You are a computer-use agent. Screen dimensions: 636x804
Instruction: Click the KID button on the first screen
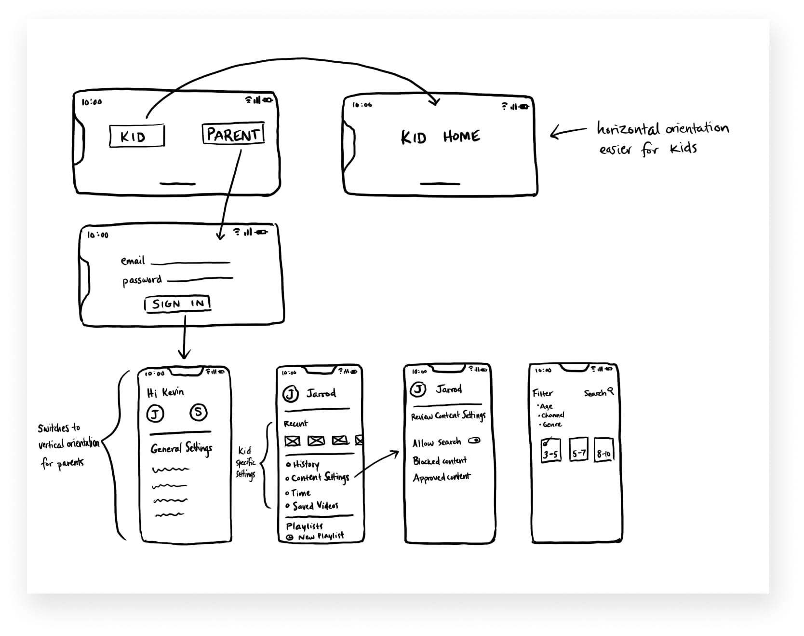tap(136, 136)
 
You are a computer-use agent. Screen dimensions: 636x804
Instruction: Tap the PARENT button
tap(233, 134)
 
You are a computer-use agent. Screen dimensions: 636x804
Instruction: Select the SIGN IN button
tap(177, 304)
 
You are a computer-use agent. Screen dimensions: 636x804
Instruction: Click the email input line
tap(190, 263)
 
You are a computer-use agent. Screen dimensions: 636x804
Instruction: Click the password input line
tap(200, 279)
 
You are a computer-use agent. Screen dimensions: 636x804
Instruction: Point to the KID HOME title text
tap(440, 137)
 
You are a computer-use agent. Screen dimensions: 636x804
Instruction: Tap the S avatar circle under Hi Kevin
tap(198, 412)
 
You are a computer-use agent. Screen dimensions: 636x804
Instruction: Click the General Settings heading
tap(181, 449)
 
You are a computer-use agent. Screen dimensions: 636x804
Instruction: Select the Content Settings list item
tap(320, 478)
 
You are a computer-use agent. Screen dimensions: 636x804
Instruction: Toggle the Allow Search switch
tap(474, 441)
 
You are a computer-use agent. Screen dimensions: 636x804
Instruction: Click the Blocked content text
tap(440, 461)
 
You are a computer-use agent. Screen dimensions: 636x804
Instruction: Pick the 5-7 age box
tap(578, 450)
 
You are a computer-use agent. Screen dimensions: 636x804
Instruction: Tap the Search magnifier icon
tap(611, 391)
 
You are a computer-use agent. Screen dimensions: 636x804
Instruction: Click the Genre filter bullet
tap(551, 425)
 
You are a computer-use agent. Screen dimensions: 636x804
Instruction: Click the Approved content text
tap(442, 477)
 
